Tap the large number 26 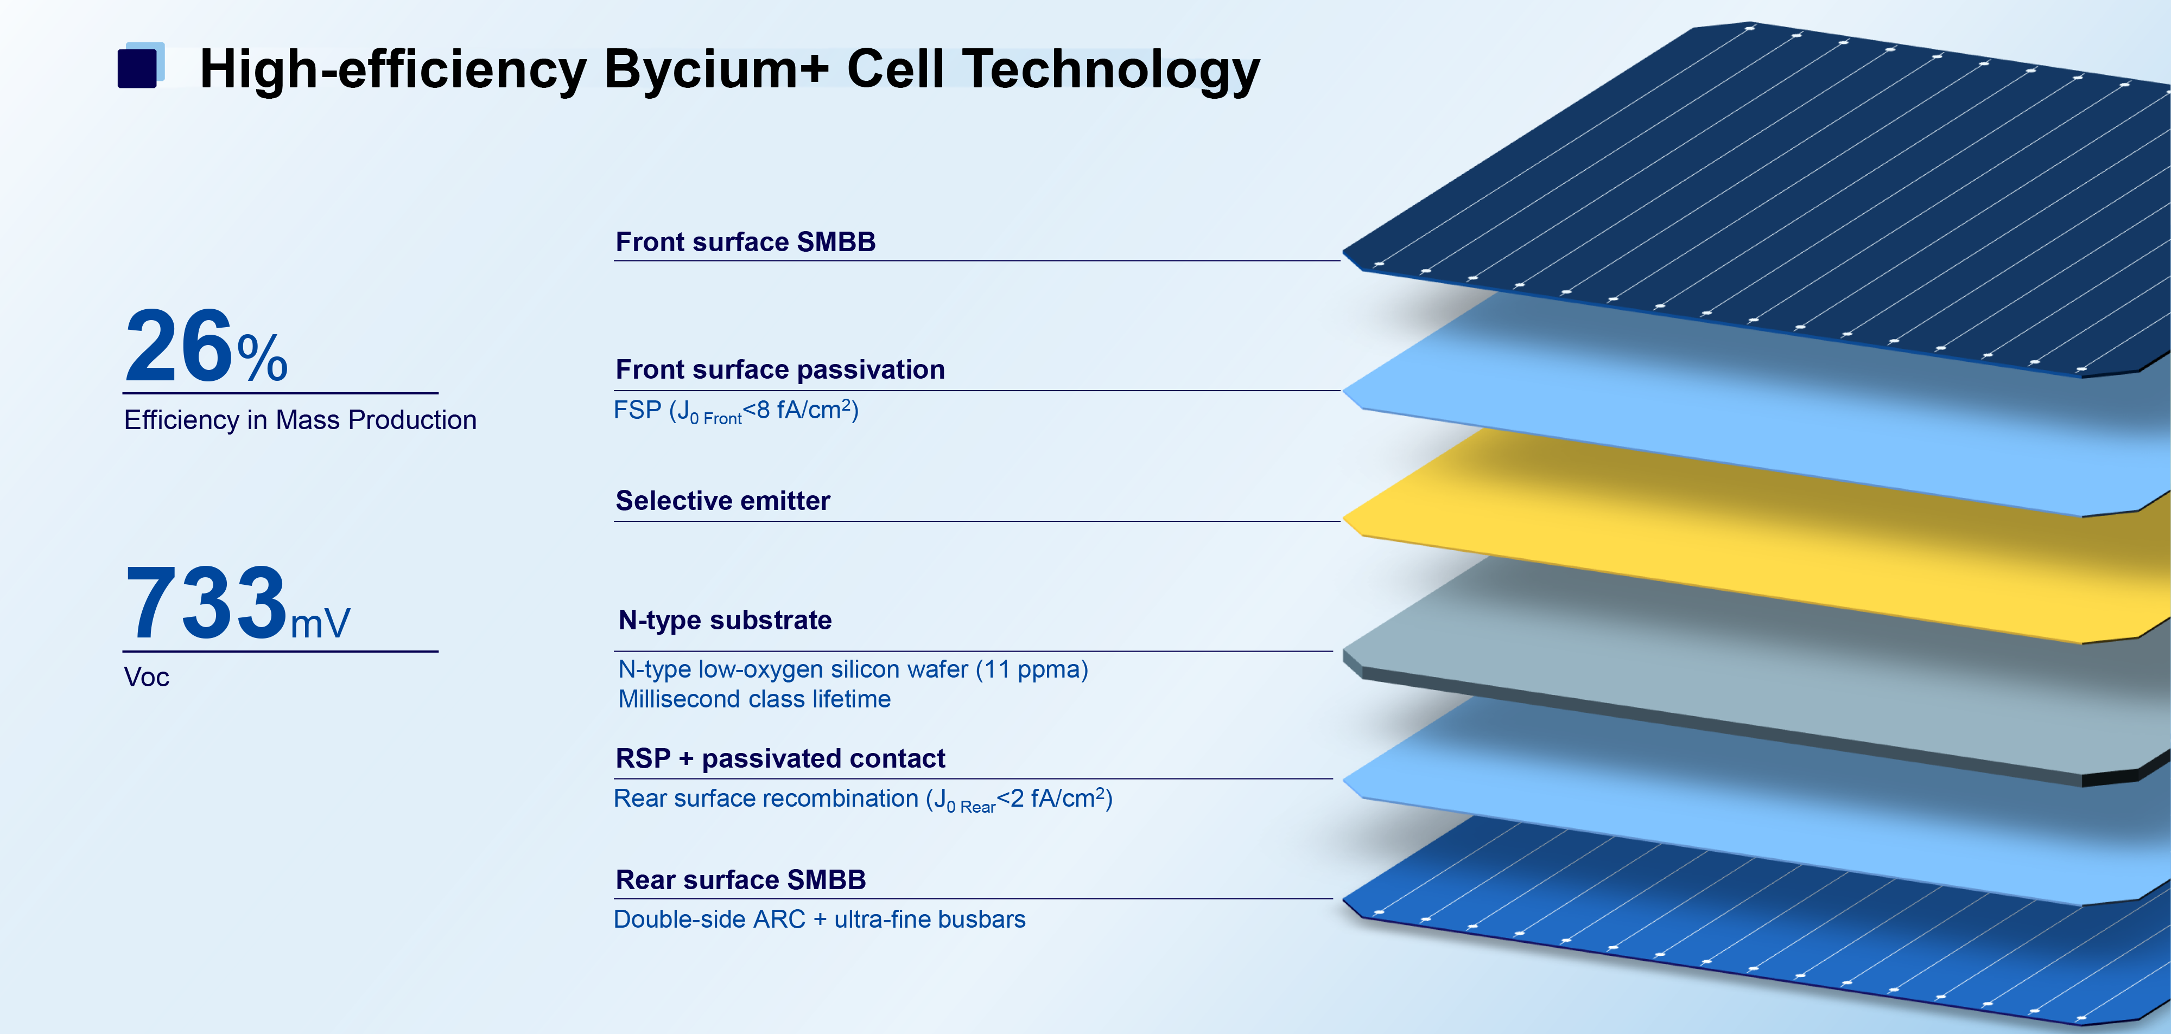click(179, 346)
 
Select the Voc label click(147, 678)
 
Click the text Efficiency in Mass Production click(300, 420)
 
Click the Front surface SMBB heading click(746, 242)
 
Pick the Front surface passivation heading click(780, 369)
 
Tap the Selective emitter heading click(723, 501)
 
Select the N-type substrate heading click(725, 620)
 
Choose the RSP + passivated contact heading click(780, 758)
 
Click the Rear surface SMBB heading click(741, 880)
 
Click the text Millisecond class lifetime click(754, 699)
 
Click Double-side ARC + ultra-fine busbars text click(819, 920)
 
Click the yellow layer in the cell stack click(1770, 539)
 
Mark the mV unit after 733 click(320, 624)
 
